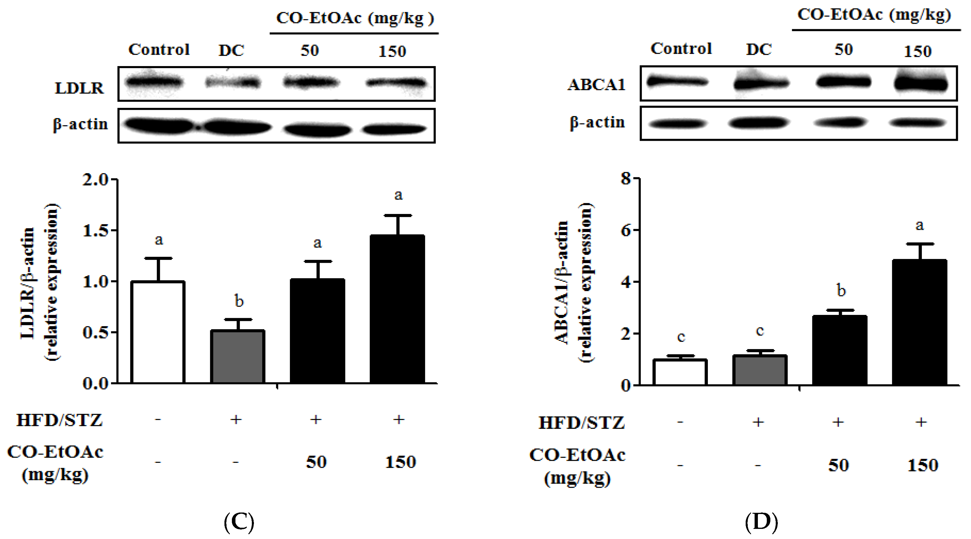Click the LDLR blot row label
click(79, 88)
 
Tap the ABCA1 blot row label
click(596, 85)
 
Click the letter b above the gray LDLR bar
click(239, 301)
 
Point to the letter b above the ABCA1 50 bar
click(841, 290)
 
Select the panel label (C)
click(239, 522)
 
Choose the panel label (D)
click(761, 522)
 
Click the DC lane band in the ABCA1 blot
click(760, 83)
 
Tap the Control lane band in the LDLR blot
click(154, 82)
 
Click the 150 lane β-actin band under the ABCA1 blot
click(917, 123)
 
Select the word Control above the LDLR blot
click(159, 49)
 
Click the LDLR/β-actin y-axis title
click(40, 283)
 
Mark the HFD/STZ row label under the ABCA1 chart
click(581, 423)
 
